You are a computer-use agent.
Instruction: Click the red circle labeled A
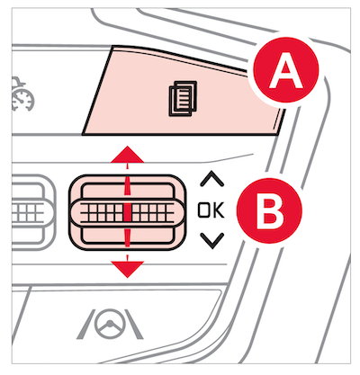(x=285, y=70)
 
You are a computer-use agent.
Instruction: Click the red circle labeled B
(x=269, y=210)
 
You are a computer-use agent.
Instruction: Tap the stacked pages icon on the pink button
(x=183, y=98)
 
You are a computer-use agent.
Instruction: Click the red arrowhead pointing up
(x=128, y=155)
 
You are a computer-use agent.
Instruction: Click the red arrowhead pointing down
(x=128, y=269)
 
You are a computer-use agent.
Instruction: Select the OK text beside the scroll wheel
(x=211, y=210)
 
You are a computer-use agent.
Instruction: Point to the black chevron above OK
(x=211, y=178)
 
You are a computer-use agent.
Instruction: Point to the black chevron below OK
(x=212, y=241)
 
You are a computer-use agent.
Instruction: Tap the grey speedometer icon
(x=22, y=94)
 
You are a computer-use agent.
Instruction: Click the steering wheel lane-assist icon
(x=110, y=325)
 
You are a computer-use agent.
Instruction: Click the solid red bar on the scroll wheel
(x=127, y=212)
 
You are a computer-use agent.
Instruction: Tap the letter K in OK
(x=219, y=210)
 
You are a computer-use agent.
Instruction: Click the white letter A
(x=285, y=71)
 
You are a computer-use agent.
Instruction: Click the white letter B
(x=270, y=211)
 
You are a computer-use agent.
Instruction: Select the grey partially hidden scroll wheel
(x=33, y=212)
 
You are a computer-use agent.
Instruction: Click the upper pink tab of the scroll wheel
(x=127, y=191)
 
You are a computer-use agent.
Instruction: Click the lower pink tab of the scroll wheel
(x=127, y=235)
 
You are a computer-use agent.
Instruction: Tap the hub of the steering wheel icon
(x=110, y=324)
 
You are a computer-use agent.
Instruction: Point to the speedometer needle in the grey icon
(x=20, y=98)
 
